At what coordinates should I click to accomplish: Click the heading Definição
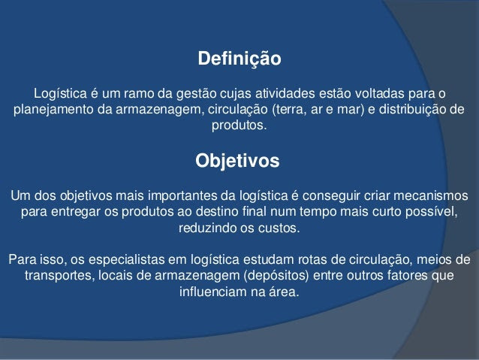(239, 59)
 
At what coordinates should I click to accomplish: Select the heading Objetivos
(237, 161)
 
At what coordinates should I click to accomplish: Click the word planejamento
(54, 110)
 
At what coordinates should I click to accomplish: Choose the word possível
(432, 212)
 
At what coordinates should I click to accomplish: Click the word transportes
(58, 276)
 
